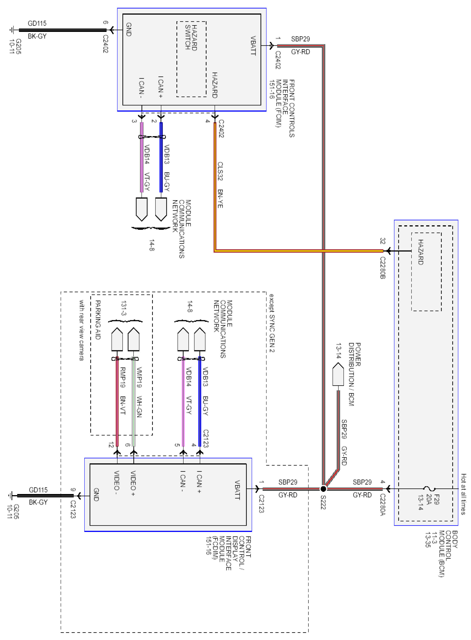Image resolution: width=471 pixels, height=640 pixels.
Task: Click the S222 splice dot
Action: [x=323, y=489]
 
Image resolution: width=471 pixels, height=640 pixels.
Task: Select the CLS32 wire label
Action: [x=220, y=171]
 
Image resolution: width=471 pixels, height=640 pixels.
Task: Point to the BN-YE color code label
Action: [x=220, y=199]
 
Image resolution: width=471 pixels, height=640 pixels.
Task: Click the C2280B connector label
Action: [x=383, y=268]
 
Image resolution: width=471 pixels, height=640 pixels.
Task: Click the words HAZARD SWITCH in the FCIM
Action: [x=191, y=38]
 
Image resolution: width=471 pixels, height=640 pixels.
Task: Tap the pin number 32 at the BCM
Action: [x=382, y=241]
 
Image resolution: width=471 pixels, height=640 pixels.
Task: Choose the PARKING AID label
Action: [x=97, y=320]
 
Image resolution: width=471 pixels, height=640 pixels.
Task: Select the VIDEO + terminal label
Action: [x=133, y=483]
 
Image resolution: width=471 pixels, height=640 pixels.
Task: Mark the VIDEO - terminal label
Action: [x=117, y=482]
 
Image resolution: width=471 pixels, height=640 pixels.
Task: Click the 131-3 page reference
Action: [x=124, y=308]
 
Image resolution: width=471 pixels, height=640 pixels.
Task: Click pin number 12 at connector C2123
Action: [x=111, y=445]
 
